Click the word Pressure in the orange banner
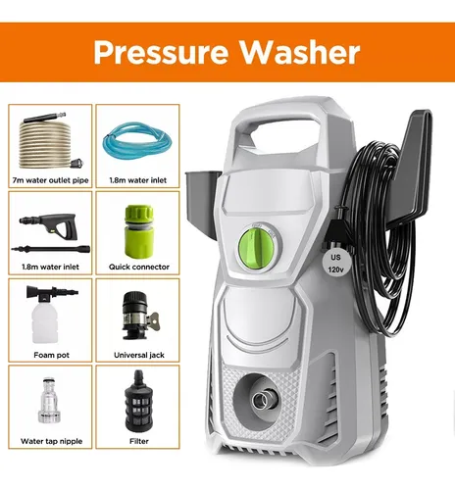point(161,52)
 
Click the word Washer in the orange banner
point(300,52)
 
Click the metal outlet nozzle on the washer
point(262,398)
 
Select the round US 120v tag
point(335,264)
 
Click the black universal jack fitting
point(137,317)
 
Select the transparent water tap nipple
point(50,401)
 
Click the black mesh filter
point(138,401)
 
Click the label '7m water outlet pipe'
point(50,180)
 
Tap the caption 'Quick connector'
point(139,267)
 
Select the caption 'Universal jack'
point(139,355)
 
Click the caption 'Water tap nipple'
point(51,441)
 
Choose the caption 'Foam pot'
point(51,355)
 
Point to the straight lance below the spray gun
point(51,249)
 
